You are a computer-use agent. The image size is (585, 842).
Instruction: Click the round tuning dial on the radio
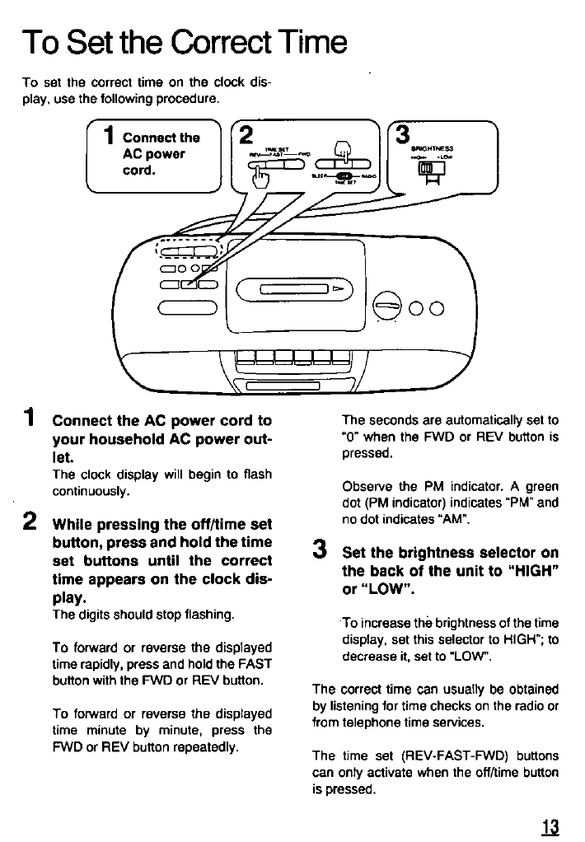[386, 308]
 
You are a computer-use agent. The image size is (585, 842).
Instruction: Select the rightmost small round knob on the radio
[436, 309]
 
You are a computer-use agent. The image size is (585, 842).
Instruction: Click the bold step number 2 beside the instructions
[30, 521]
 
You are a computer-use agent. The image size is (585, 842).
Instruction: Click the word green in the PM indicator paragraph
[541, 486]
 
